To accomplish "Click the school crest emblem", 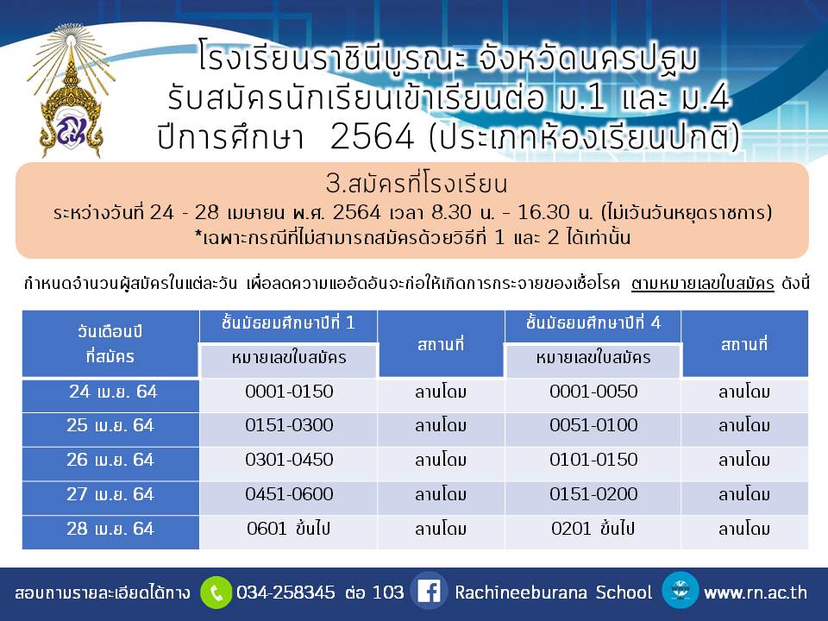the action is coord(71,91).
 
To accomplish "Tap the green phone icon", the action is coord(216,593).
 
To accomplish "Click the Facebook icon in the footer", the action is coord(429,592).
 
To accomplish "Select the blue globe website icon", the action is coord(681,590).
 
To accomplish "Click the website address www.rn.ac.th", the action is coord(756,593).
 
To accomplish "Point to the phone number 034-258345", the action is coord(285,592).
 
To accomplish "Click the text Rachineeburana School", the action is coord(554,592).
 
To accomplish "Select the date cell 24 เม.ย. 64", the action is coord(110,394).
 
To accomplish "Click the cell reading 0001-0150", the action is coord(289,392).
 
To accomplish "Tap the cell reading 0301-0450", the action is coord(289,460).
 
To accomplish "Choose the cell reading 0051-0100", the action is coord(593,425).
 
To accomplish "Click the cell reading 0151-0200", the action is coord(593,494).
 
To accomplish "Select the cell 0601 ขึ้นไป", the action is coord(288,529).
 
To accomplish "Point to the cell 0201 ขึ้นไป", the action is coord(593,529).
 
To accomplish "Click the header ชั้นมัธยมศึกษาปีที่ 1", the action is coord(288,323).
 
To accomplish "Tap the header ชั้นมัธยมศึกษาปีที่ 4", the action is coord(593,323).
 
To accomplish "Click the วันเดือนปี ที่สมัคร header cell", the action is coord(110,344).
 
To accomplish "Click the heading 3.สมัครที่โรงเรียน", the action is coord(416,184).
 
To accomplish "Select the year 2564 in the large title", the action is coord(373,137).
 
